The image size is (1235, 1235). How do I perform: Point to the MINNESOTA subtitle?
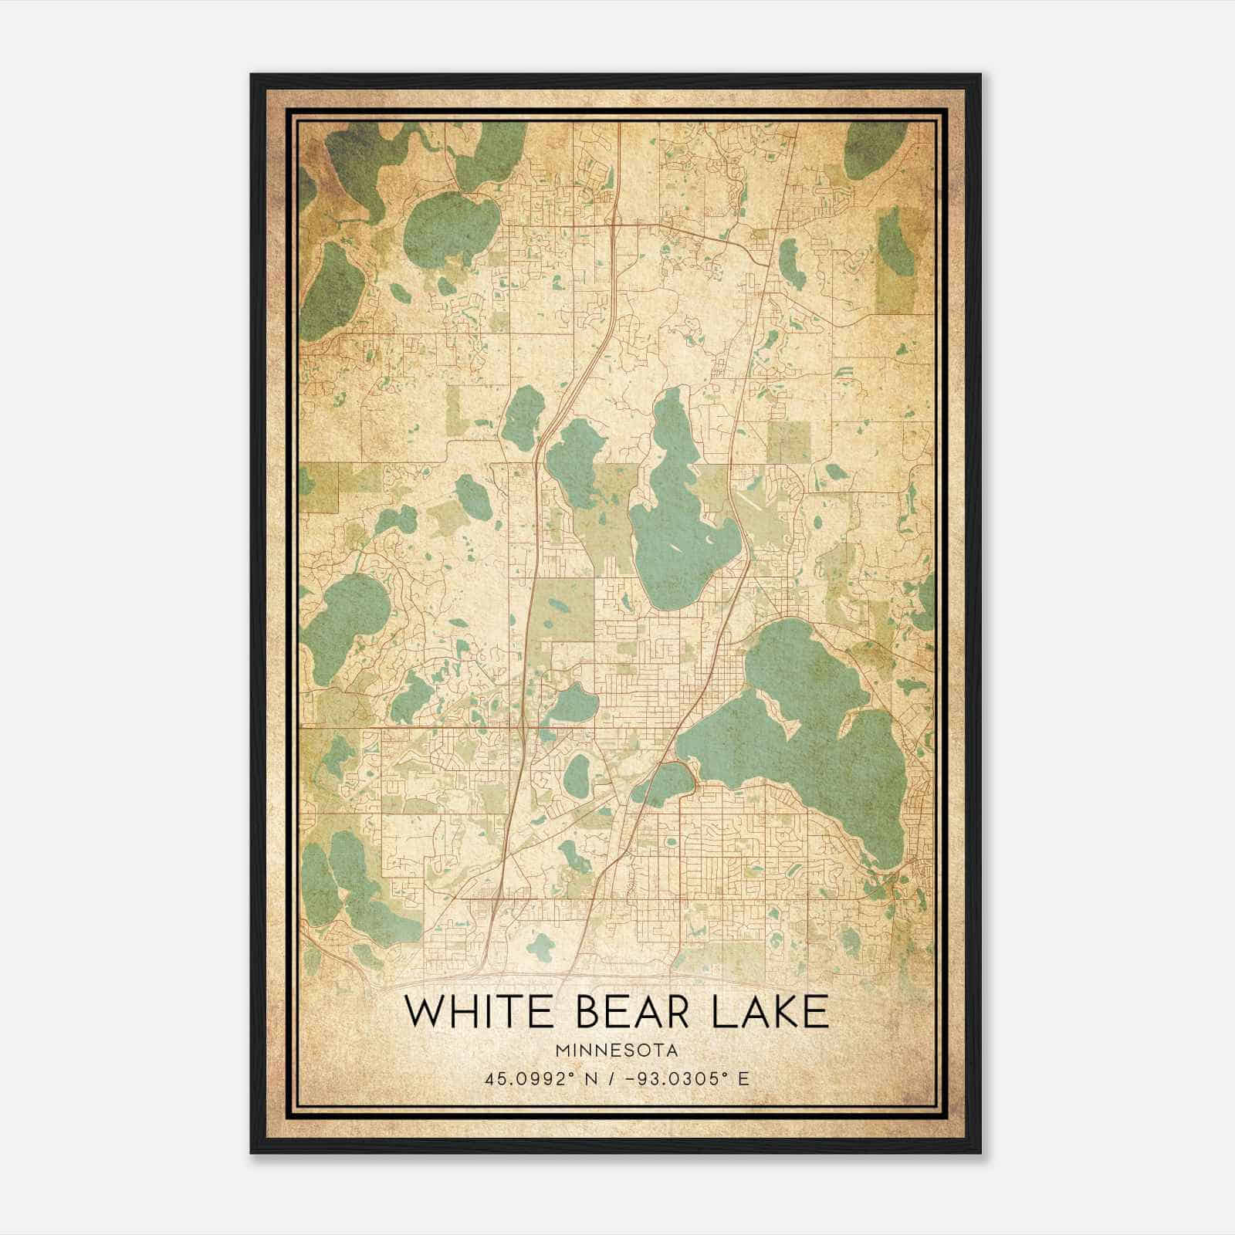pyautogui.click(x=615, y=1051)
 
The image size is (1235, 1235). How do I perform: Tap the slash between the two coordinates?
pyautogui.click(x=611, y=1078)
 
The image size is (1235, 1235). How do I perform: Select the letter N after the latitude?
pyautogui.click(x=590, y=1078)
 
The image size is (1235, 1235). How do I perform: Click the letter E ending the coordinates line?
pyautogui.click(x=743, y=1078)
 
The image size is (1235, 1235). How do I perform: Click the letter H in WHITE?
pyautogui.click(x=466, y=1012)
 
